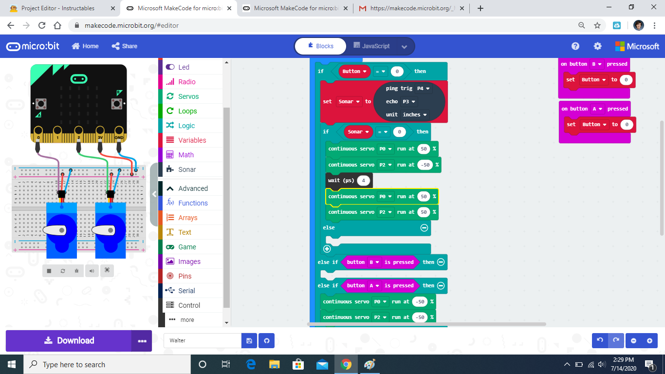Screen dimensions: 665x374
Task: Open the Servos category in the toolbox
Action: click(188, 96)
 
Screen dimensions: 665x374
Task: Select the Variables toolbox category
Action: click(192, 140)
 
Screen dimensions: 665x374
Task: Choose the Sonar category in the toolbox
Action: click(187, 169)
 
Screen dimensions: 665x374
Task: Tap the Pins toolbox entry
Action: click(185, 276)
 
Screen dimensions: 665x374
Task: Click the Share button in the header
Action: click(125, 46)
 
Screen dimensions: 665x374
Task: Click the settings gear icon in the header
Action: click(597, 46)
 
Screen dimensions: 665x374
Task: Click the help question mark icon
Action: click(575, 46)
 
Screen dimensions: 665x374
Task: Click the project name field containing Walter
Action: click(203, 340)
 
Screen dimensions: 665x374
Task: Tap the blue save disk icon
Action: click(249, 341)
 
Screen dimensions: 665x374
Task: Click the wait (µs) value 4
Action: click(363, 180)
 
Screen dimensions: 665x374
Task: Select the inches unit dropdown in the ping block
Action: click(415, 114)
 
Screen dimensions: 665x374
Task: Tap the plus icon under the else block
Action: click(327, 249)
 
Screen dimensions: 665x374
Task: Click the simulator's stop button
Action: click(49, 271)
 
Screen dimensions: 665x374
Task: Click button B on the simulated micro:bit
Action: click(117, 104)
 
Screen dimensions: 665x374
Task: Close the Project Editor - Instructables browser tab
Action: click(113, 8)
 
